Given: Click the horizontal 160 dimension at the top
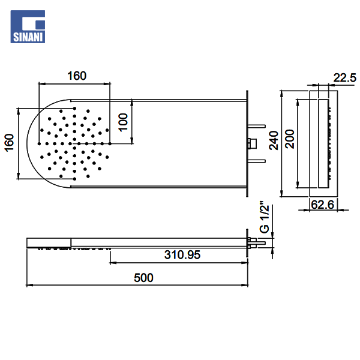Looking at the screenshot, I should click(77, 76).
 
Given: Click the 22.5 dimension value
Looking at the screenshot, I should click(344, 77).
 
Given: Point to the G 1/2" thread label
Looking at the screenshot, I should click(264, 218).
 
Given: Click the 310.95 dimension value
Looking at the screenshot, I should click(182, 255).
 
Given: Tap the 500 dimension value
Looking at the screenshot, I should click(144, 277).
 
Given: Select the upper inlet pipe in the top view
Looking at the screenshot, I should click(257, 125).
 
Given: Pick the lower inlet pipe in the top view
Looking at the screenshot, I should click(257, 160).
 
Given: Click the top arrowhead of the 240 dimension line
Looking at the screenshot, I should click(282, 94).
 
